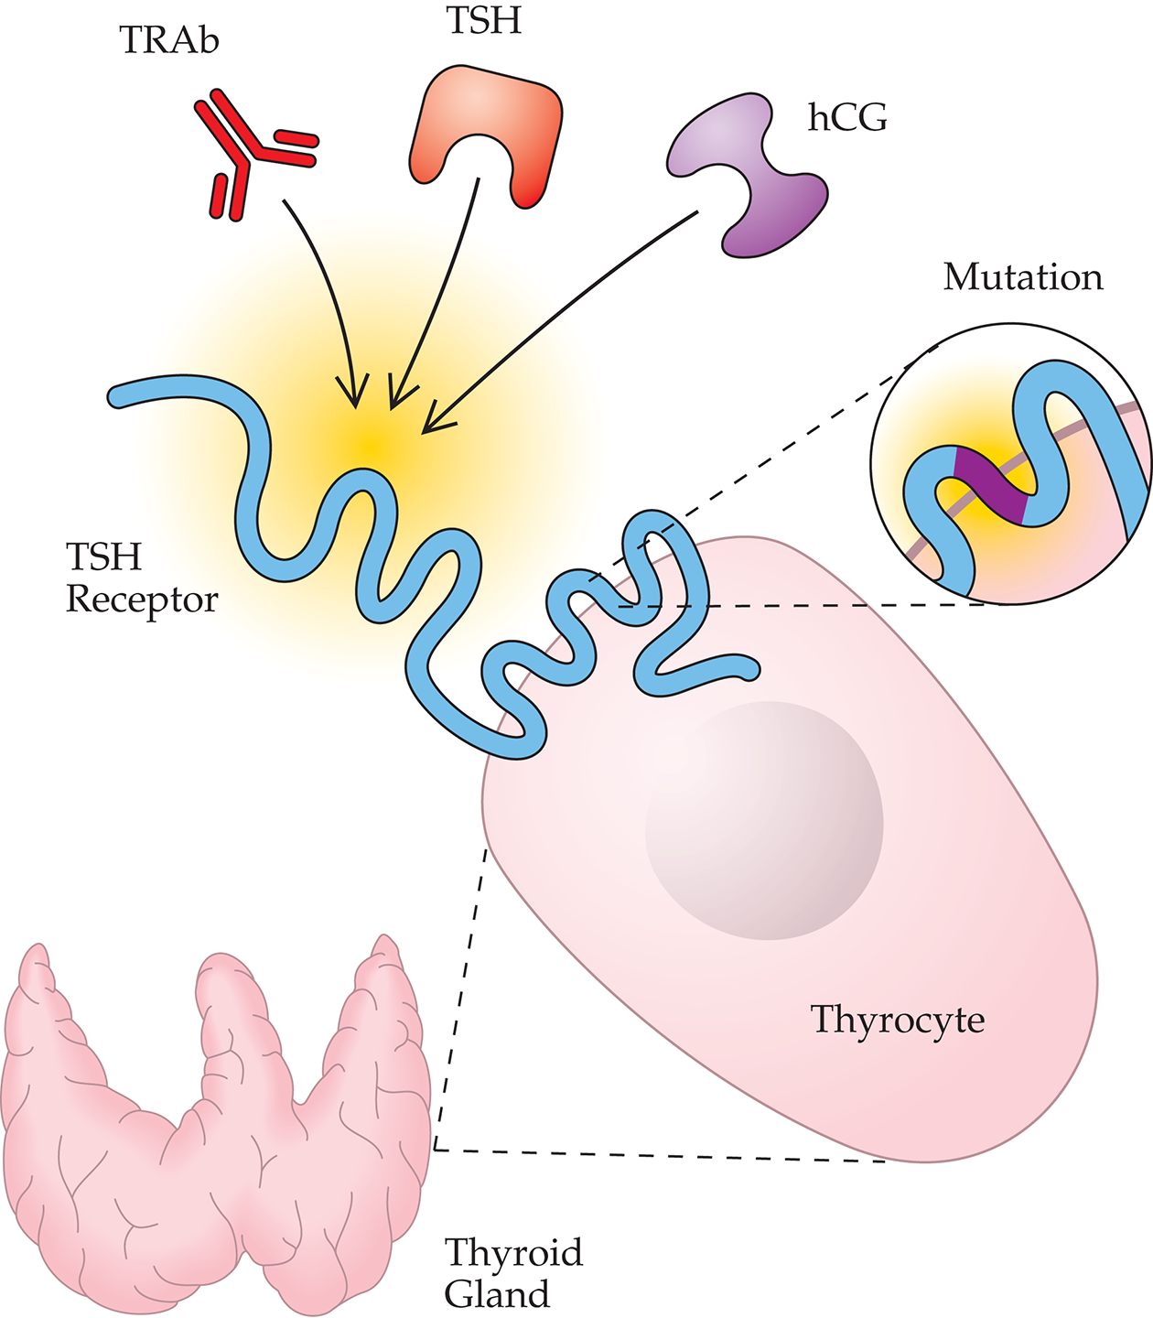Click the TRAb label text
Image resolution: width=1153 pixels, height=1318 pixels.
point(169,41)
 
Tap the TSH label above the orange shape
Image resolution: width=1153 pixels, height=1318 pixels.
point(484,20)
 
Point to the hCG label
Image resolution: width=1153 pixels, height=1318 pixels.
point(847,118)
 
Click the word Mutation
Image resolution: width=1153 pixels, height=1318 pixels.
point(1023,277)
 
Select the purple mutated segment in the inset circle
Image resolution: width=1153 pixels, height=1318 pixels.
point(988,485)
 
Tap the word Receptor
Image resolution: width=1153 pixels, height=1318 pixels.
point(142,600)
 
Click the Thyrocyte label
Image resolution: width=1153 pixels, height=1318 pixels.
point(898,1020)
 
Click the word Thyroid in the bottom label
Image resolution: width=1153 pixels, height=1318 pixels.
point(513,1252)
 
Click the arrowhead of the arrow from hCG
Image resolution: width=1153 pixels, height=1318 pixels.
point(427,428)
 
